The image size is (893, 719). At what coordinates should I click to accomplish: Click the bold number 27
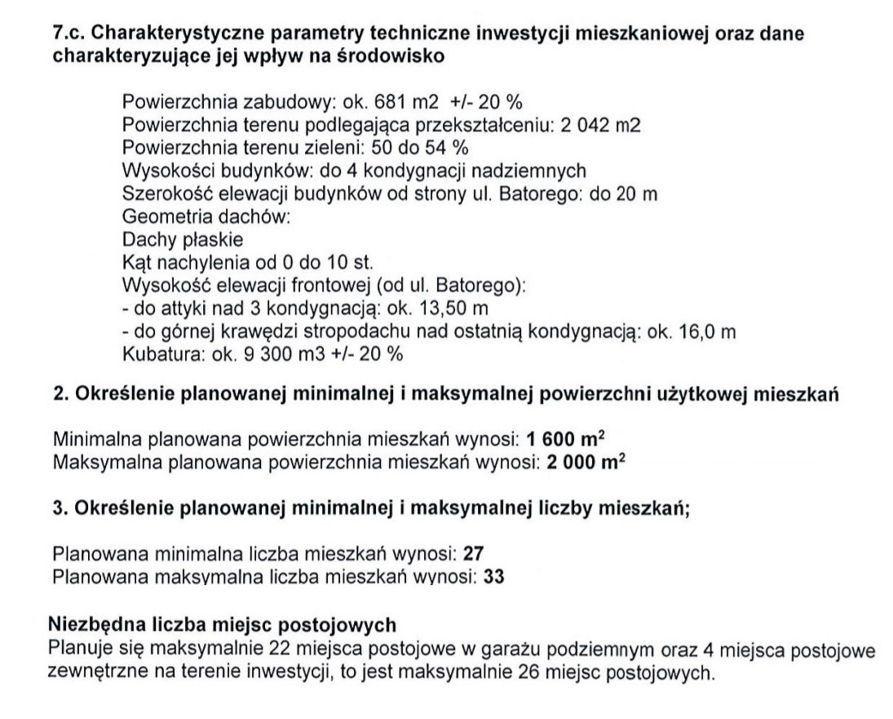click(x=474, y=554)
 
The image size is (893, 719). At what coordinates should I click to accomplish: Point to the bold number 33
click(x=493, y=577)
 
